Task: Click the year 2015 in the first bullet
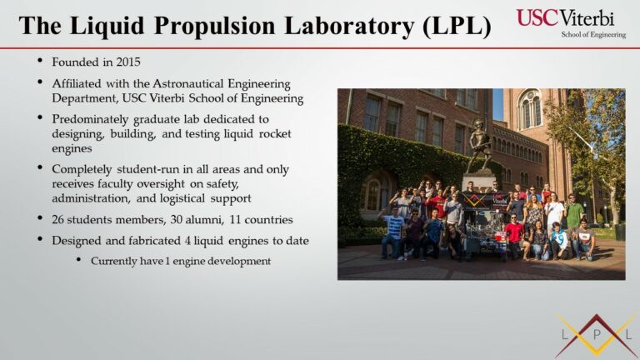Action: pyautogui.click(x=128, y=62)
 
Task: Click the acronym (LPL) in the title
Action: pyautogui.click(x=457, y=25)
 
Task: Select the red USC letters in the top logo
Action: pyautogui.click(x=537, y=18)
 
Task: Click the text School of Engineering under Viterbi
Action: pyautogui.click(x=593, y=35)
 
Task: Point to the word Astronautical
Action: pyautogui.click(x=188, y=83)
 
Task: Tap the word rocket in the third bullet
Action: pyautogui.click(x=275, y=134)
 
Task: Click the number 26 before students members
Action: pyautogui.click(x=57, y=220)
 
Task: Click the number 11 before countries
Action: pyautogui.click(x=235, y=220)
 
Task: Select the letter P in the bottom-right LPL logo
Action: pyautogui.click(x=597, y=335)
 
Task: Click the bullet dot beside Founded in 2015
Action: pyautogui.click(x=40, y=61)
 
